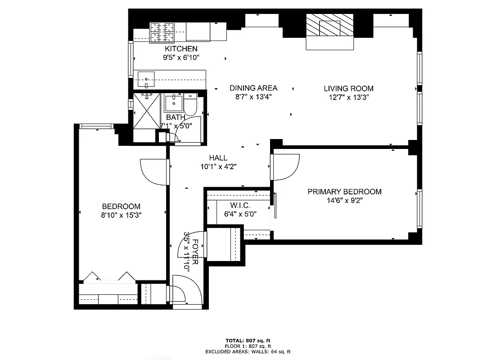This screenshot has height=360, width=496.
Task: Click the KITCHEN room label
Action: pyautogui.click(x=181, y=49)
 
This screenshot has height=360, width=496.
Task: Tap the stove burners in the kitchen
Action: pyautogui.click(x=162, y=32)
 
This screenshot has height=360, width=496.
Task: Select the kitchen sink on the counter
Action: pyautogui.click(x=146, y=80)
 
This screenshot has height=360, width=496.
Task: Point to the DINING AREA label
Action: pyautogui.click(x=253, y=88)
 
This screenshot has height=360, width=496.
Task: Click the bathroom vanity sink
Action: pyautogui.click(x=173, y=103)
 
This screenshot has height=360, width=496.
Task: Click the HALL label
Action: pyautogui.click(x=218, y=158)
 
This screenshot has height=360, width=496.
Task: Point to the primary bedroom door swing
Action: pyautogui.click(x=286, y=166)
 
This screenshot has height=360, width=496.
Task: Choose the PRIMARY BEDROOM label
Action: pyautogui.click(x=344, y=192)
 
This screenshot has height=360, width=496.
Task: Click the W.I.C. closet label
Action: pyautogui.click(x=237, y=205)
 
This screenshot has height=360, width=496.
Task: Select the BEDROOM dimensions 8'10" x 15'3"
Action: pyautogui.click(x=121, y=215)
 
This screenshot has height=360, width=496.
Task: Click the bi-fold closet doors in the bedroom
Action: pyautogui.click(x=108, y=276)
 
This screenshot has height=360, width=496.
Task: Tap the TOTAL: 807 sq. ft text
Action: pyautogui.click(x=248, y=340)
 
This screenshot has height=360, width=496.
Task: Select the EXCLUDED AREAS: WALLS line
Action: pyautogui.click(x=248, y=351)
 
